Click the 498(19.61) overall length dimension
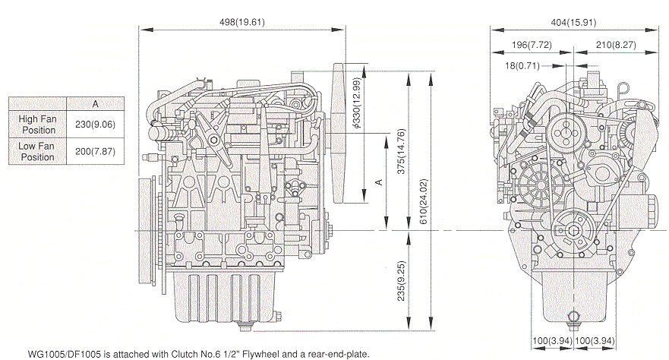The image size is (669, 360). [240, 21]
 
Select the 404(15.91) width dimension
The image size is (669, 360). [573, 21]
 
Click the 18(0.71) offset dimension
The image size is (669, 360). [522, 65]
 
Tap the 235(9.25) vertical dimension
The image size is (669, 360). [403, 281]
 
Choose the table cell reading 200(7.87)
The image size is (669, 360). [94, 151]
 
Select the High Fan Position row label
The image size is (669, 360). [38, 124]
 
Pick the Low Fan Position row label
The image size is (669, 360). [38, 151]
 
